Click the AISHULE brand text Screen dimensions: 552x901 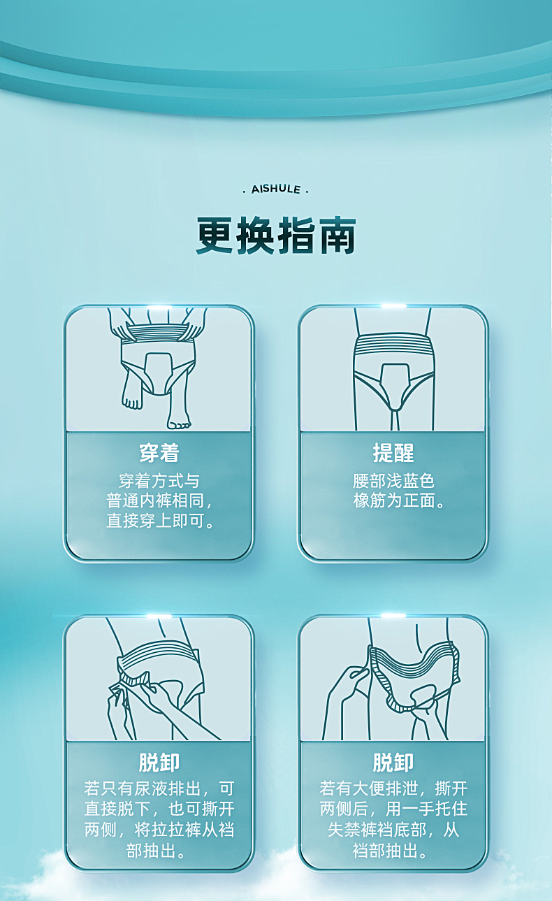[276, 189]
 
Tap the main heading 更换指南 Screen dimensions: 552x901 [276, 236]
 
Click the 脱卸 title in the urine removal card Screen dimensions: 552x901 [159, 762]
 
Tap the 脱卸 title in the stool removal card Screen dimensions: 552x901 [393, 762]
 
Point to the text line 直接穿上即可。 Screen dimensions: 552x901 [160, 521]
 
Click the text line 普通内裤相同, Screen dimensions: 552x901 [159, 500]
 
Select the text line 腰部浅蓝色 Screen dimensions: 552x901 [393, 481]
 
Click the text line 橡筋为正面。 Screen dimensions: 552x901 [398, 500]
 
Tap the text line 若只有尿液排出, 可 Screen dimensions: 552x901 [159, 788]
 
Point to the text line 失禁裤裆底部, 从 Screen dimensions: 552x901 [393, 830]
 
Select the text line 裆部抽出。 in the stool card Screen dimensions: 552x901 [389, 851]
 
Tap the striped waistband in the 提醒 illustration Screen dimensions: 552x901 [393, 345]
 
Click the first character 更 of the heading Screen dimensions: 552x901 [216, 236]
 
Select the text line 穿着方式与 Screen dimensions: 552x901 [159, 481]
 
